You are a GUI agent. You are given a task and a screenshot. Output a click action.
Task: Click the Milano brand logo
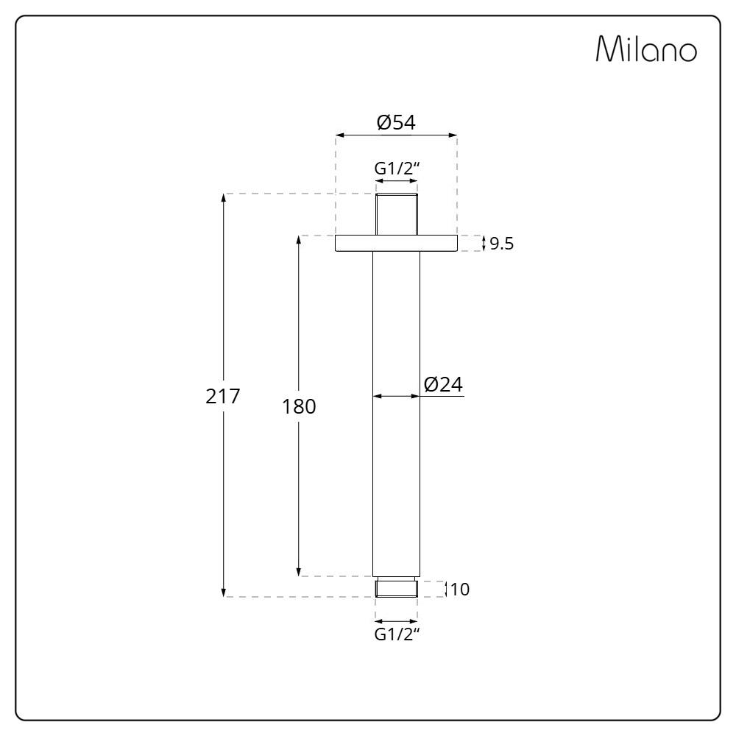pos(646,49)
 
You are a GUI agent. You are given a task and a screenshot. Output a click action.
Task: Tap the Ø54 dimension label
pos(396,122)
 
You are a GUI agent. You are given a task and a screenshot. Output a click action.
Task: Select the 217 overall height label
pos(222,397)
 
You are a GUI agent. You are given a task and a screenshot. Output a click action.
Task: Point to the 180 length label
pos(299,406)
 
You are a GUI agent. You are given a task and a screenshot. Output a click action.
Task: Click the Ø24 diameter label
pos(443,384)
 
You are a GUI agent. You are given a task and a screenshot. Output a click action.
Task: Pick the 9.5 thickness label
pos(502,244)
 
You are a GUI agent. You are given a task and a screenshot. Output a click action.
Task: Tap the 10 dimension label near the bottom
pos(460,589)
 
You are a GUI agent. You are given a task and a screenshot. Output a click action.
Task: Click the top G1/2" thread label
pos(396,168)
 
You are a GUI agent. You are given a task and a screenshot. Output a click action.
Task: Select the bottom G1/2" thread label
pos(396,634)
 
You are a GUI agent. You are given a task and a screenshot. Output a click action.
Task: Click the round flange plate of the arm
pos(396,243)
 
